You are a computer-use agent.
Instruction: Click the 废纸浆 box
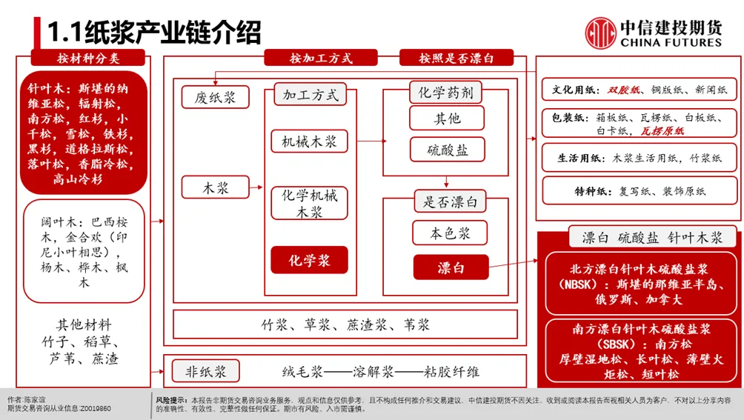click(x=215, y=98)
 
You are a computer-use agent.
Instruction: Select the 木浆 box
click(x=216, y=188)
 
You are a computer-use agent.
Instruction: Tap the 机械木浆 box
click(x=309, y=141)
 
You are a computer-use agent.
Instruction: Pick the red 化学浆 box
click(x=309, y=261)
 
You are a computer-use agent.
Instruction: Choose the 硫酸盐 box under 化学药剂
click(x=448, y=150)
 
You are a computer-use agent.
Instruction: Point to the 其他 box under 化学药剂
click(x=447, y=119)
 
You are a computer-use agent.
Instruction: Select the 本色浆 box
click(x=450, y=234)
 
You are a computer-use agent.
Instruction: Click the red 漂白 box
click(x=451, y=267)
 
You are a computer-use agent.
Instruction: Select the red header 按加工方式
click(x=321, y=59)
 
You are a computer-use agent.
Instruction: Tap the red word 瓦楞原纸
click(x=662, y=131)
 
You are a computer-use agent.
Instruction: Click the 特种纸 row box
click(x=641, y=191)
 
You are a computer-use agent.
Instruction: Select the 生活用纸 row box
click(x=641, y=158)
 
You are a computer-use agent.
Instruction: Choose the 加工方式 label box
click(x=310, y=94)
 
